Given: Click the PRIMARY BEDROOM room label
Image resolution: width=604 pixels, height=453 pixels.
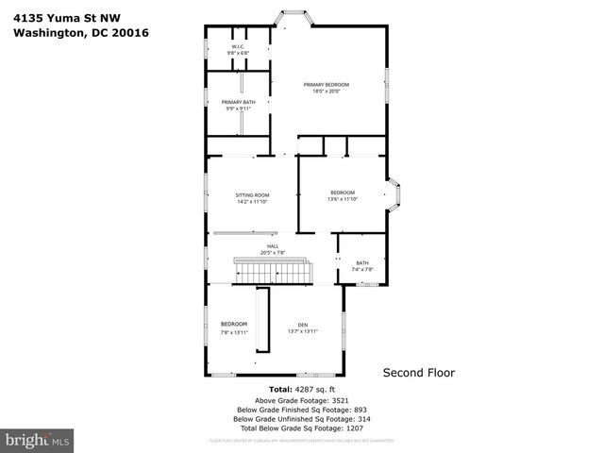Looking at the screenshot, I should pyautogui.click(x=327, y=85).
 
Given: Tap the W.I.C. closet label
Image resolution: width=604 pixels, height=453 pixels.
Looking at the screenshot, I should pyautogui.click(x=238, y=47).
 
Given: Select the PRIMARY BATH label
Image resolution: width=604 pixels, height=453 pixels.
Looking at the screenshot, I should pyautogui.click(x=238, y=102).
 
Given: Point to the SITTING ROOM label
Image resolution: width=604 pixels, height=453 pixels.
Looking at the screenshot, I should pyautogui.click(x=252, y=195).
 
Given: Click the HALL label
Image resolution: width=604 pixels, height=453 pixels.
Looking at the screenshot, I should pyautogui.click(x=272, y=246).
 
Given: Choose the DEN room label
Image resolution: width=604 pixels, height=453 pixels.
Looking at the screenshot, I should pyautogui.click(x=303, y=324).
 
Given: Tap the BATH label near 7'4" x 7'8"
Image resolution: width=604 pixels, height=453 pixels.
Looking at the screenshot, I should pyautogui.click(x=362, y=262).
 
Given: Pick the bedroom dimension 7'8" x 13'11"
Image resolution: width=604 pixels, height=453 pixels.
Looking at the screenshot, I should pyautogui.click(x=233, y=332).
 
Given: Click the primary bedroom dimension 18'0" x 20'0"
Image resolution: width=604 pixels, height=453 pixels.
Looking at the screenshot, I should pyautogui.click(x=327, y=92).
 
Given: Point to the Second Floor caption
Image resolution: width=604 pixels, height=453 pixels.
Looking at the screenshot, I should pyautogui.click(x=418, y=373).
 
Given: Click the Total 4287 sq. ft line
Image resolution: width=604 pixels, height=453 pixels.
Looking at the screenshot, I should pyautogui.click(x=301, y=389).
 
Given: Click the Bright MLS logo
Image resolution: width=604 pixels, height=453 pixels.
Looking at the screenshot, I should pyautogui.click(x=37, y=439).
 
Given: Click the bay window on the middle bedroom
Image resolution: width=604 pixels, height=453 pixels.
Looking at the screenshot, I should pyautogui.click(x=396, y=195).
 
